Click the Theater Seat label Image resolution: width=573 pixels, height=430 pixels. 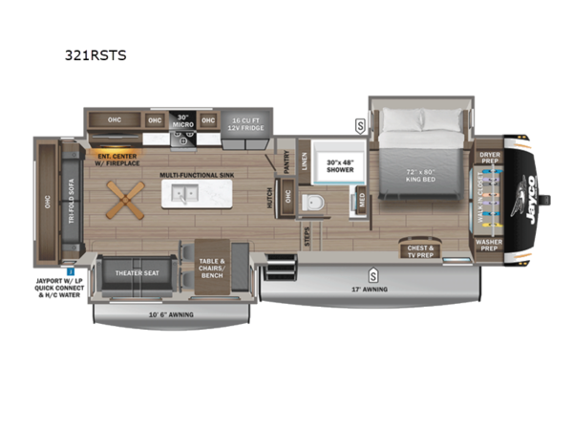tap(138, 272)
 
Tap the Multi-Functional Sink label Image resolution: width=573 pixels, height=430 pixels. tap(197, 176)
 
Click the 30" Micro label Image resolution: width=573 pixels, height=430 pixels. tap(183, 121)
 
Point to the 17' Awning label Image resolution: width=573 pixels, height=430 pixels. tap(371, 288)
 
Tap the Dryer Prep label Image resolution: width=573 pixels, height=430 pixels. tap(489, 157)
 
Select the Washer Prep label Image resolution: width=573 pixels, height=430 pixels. tap(489, 245)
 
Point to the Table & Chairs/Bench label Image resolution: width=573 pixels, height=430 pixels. tap(212, 265)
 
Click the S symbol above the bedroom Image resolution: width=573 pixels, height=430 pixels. tap(360, 124)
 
